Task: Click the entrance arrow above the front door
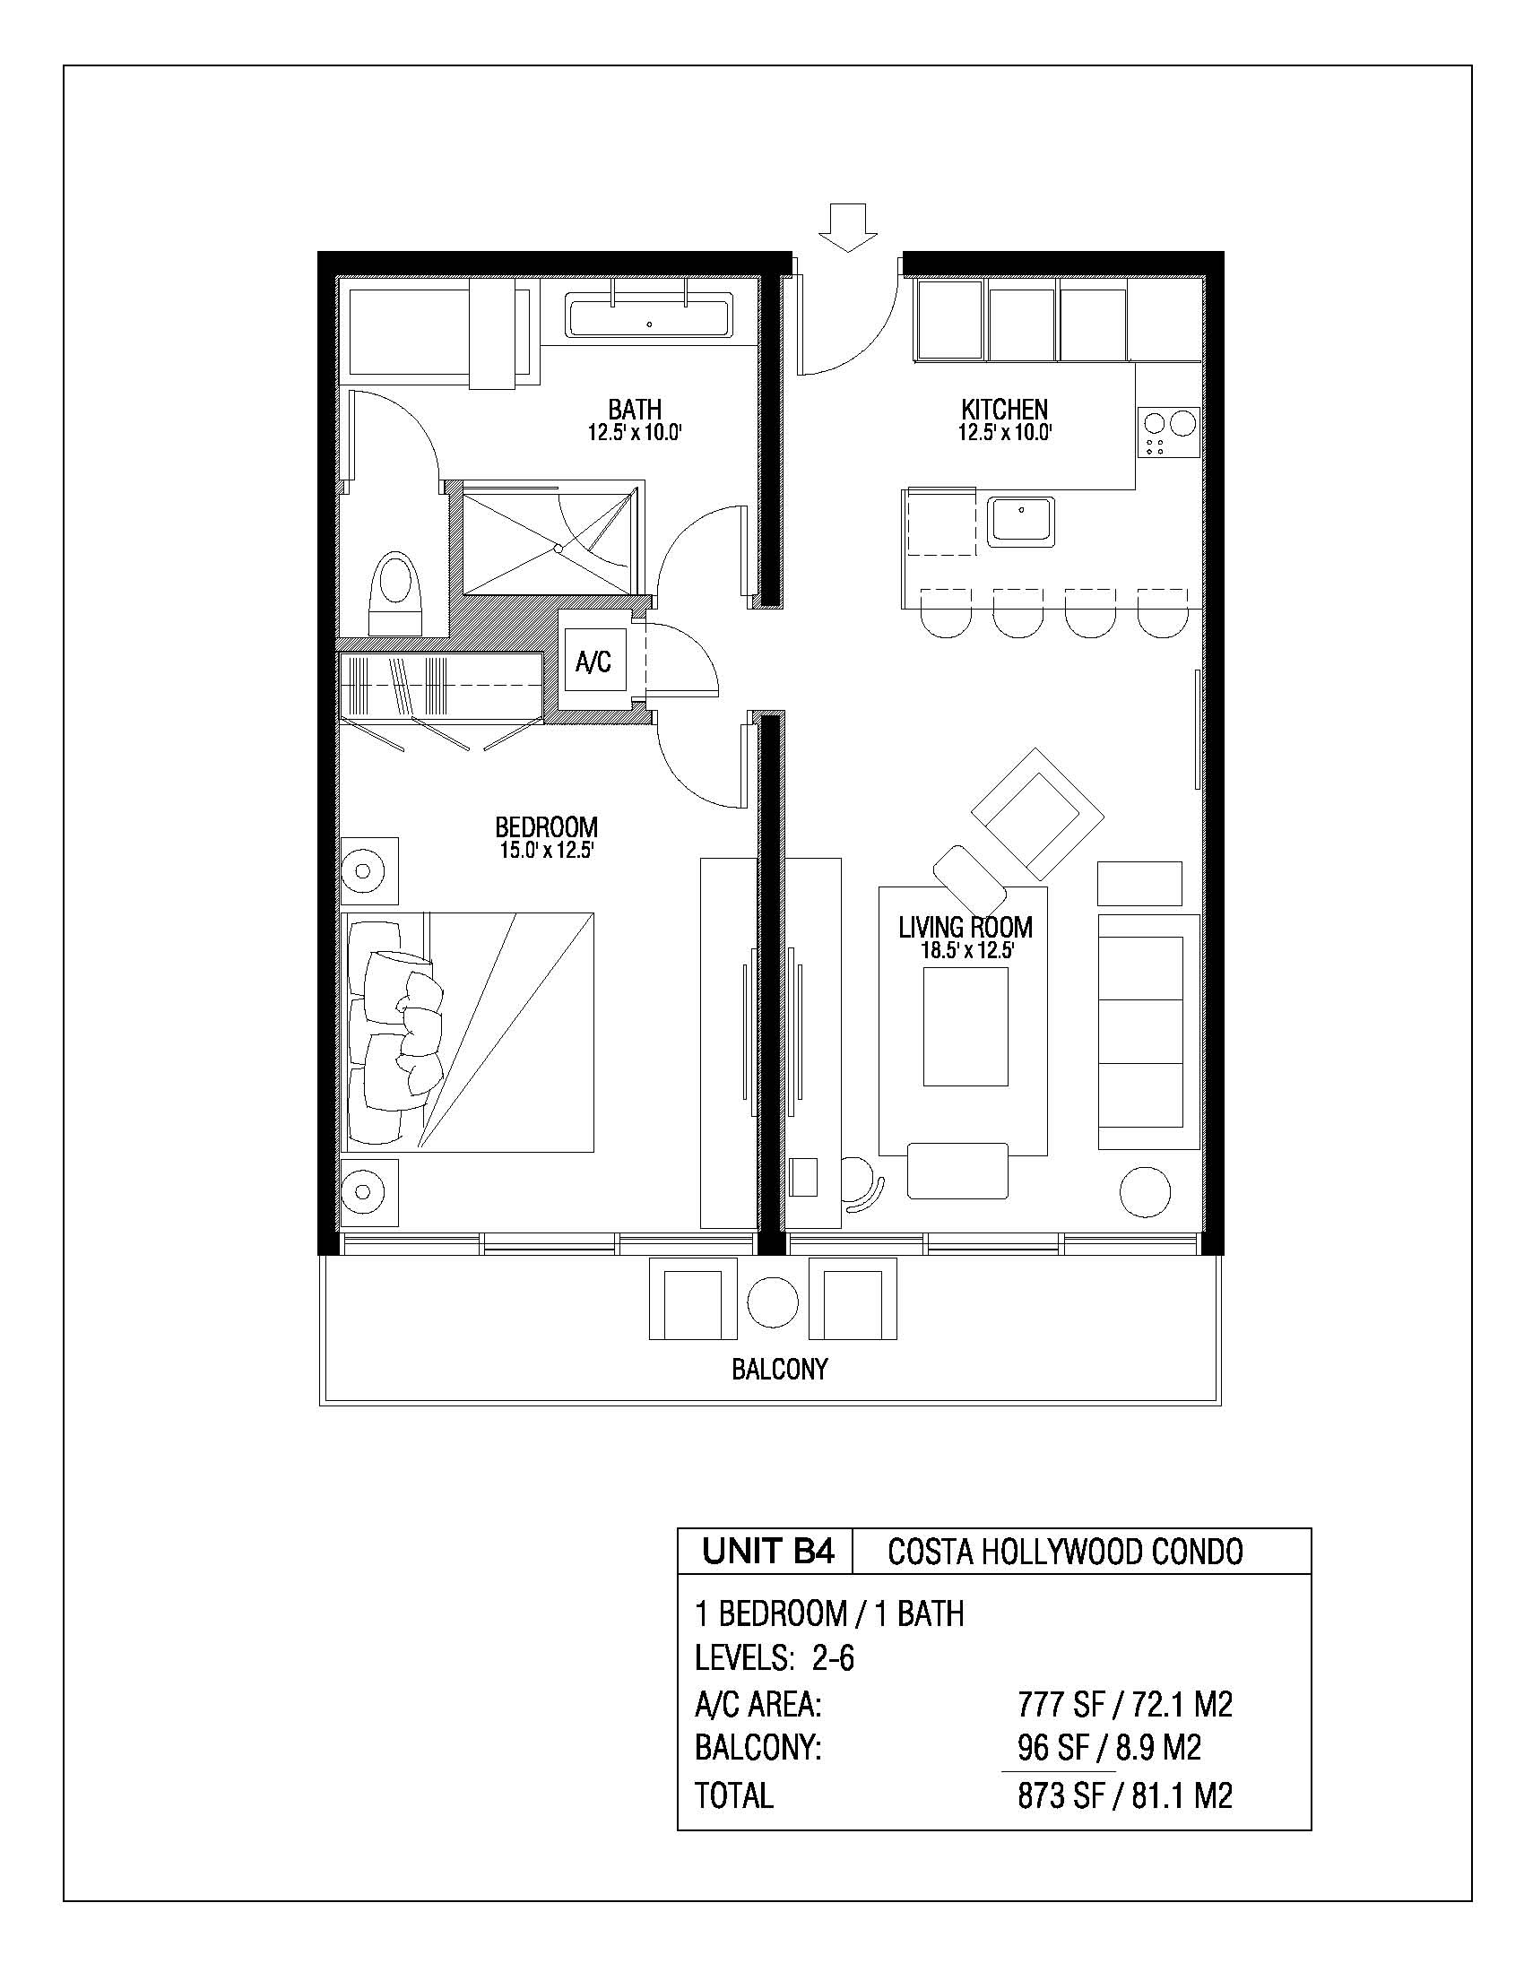coord(847,227)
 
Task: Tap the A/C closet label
coord(593,662)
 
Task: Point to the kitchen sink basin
coord(1021,521)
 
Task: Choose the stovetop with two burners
coord(1169,432)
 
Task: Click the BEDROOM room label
coord(546,827)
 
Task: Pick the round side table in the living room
coord(1145,1192)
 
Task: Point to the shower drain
coord(559,548)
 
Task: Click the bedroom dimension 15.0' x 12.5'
coord(546,850)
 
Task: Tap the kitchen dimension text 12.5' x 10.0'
coord(1005,433)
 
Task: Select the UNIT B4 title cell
coord(766,1552)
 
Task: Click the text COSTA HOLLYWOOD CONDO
coord(1065,1553)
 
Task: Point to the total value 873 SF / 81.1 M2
coord(1125,1795)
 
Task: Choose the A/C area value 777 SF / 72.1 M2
coord(1125,1705)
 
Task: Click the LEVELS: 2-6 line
coord(775,1657)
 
